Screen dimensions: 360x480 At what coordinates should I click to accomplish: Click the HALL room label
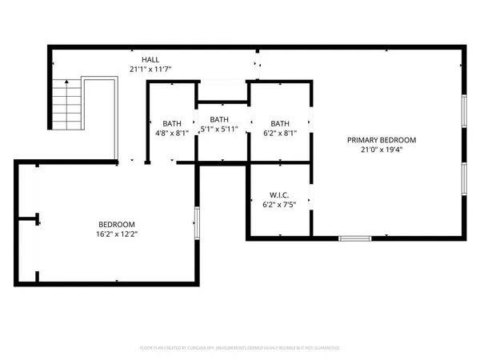[150, 60]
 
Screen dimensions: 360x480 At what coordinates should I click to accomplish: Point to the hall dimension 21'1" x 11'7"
[150, 70]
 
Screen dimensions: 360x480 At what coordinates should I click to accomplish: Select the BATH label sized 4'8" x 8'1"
[172, 123]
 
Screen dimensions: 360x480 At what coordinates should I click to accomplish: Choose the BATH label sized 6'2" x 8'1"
[280, 123]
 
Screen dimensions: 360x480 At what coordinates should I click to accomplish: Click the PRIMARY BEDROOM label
[378, 140]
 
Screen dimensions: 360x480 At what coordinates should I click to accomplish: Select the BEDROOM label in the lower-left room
[117, 224]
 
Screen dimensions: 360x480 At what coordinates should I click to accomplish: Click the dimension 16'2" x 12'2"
[117, 234]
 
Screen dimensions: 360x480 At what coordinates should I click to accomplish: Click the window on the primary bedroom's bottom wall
[354, 238]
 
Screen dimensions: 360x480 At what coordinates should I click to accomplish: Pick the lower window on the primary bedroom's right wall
[464, 182]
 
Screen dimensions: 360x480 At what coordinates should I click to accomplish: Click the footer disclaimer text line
[239, 348]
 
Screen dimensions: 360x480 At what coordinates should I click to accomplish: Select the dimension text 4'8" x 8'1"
[172, 134]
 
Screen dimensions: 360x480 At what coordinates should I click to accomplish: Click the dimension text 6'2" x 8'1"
[280, 134]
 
